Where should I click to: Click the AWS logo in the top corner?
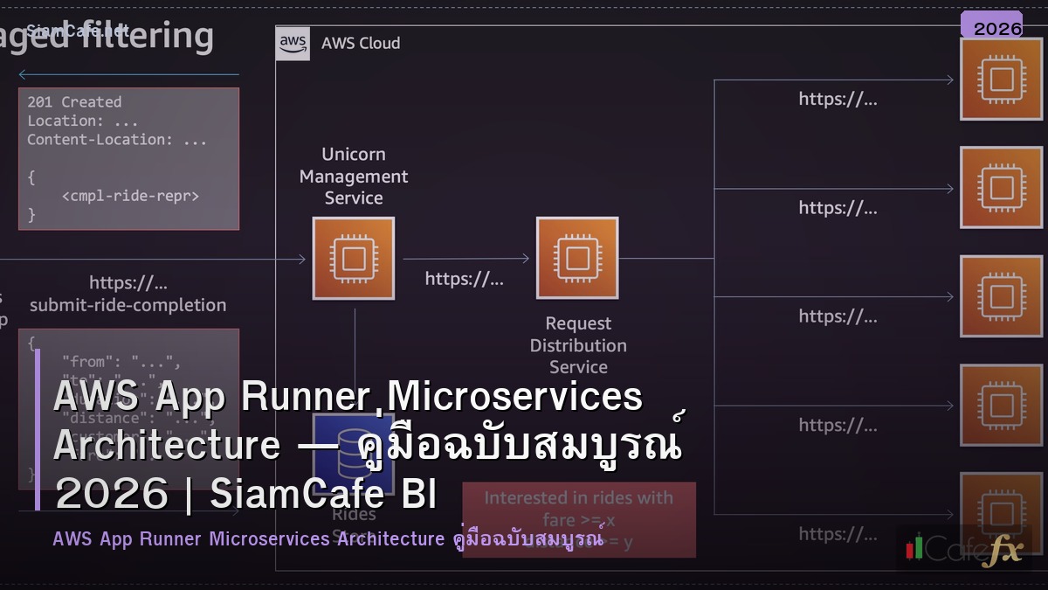293,43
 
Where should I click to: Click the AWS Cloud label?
361,43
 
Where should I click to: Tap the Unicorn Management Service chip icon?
354,258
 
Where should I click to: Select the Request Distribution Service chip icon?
577,258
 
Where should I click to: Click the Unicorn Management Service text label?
354,176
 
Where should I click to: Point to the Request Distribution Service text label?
578,345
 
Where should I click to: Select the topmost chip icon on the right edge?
1001,80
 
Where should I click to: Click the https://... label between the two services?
464,279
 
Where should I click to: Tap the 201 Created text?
74,102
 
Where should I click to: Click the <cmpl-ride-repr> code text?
130,196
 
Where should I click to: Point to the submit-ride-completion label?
128,305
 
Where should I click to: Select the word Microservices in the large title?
515,397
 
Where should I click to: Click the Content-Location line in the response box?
117,140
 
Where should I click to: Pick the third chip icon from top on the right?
1001,296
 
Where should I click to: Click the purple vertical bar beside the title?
38,428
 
